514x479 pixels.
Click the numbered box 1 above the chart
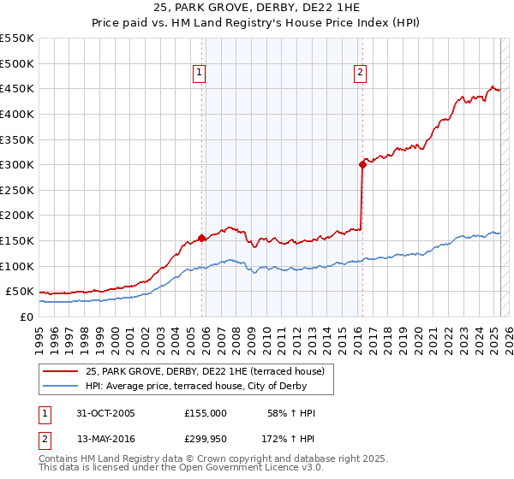coord(200,73)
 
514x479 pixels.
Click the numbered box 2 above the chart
coord(360,73)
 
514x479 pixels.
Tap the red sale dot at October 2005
coord(202,238)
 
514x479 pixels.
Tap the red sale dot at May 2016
coord(362,165)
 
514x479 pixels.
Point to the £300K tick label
coord(16,164)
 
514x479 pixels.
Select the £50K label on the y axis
coord(20,291)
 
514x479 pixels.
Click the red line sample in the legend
coord(62,371)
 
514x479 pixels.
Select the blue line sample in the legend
coord(62,386)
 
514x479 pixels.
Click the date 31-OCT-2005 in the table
coord(105,413)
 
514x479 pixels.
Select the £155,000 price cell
coord(206,413)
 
